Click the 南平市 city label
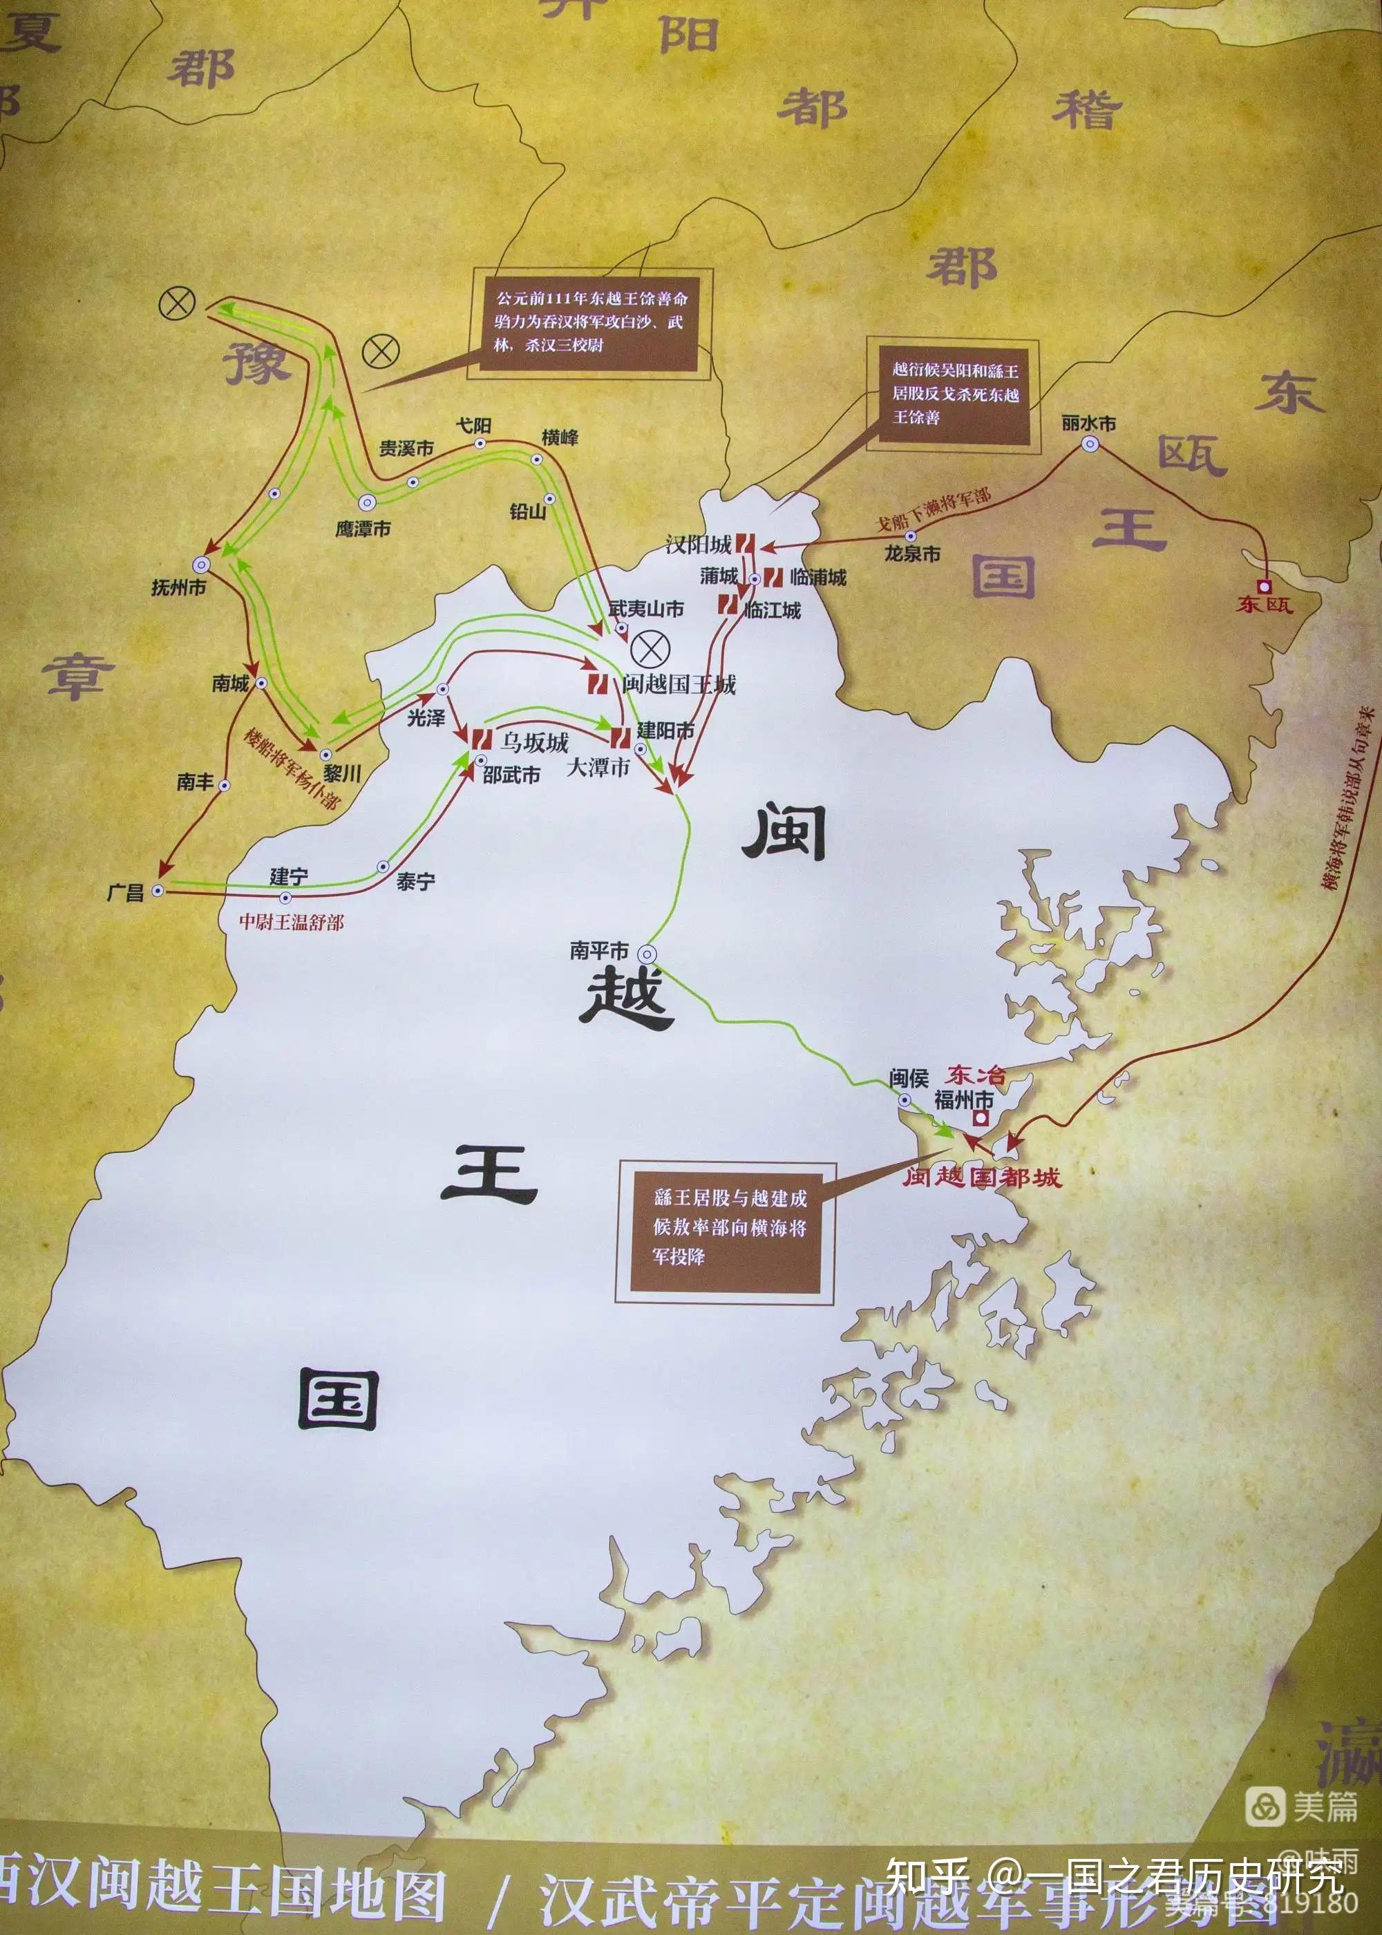tap(598, 950)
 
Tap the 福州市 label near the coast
tap(963, 1099)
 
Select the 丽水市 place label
tap(1088, 423)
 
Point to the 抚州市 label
tap(179, 587)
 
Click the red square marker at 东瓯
tap(1264, 586)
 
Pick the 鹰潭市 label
tap(363, 529)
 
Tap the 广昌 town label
tap(125, 891)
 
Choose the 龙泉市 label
tap(912, 553)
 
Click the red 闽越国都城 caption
tap(981, 1178)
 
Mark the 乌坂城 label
tap(533, 743)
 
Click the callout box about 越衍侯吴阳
tap(954, 394)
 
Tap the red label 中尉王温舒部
tap(291, 922)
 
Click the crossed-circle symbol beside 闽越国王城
tap(650, 649)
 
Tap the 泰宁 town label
tap(415, 882)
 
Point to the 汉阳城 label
tap(698, 545)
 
